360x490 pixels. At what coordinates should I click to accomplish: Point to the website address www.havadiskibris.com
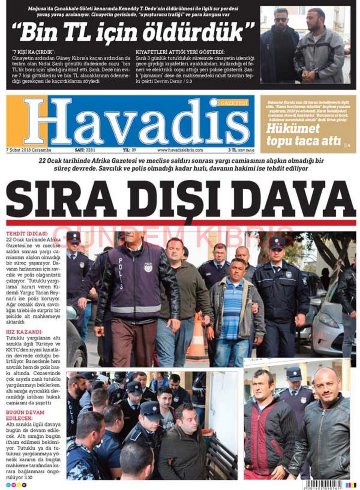(180, 150)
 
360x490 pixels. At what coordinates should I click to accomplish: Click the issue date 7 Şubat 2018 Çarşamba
(26, 150)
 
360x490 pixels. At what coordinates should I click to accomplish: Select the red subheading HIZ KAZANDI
(24, 332)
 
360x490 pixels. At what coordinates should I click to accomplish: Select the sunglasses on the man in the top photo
(281, 19)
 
